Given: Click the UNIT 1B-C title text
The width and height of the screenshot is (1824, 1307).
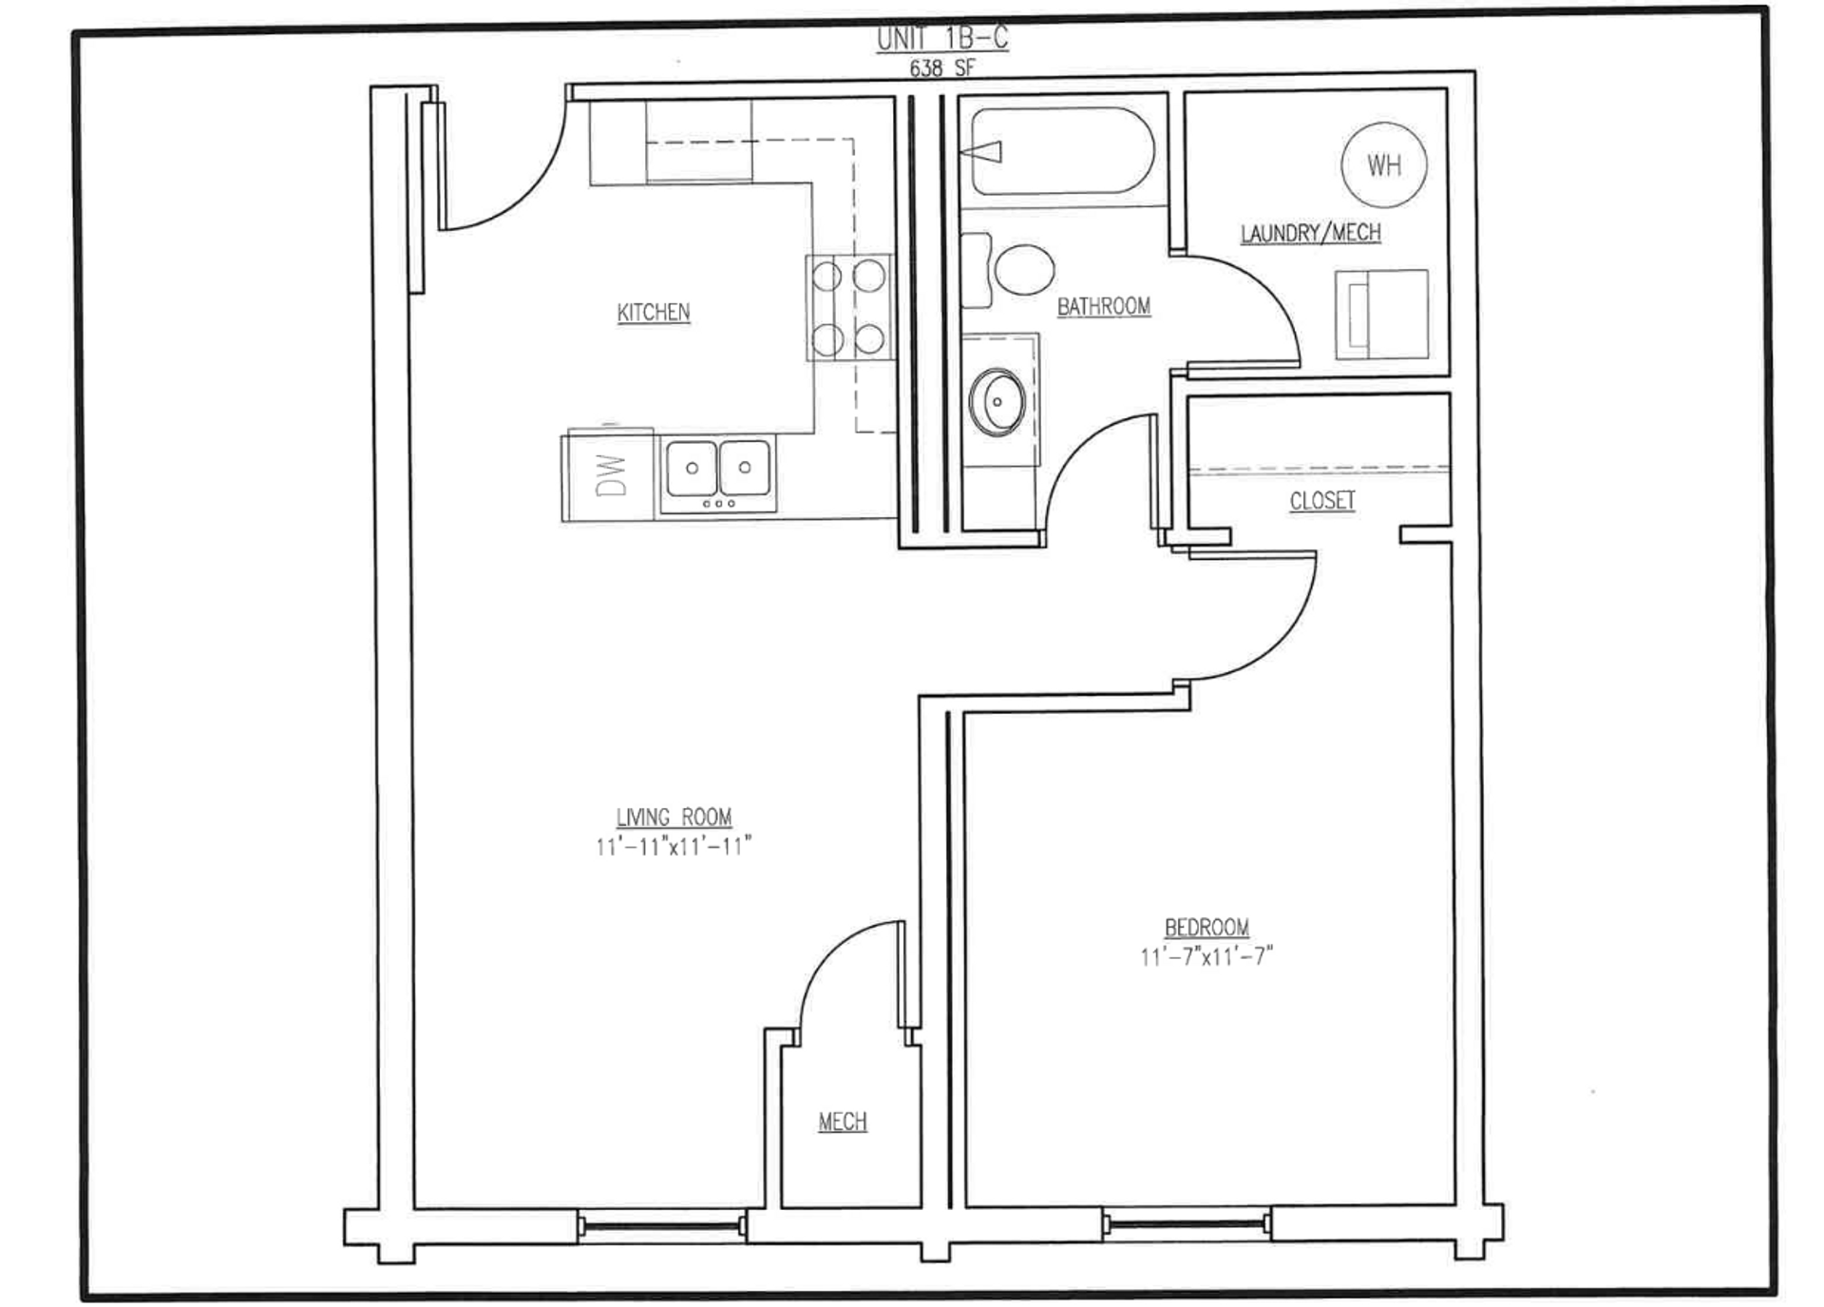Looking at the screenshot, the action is [x=941, y=39].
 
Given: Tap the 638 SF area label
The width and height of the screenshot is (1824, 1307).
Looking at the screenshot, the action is [x=941, y=68].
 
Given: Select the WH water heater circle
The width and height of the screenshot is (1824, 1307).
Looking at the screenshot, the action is [x=1383, y=164].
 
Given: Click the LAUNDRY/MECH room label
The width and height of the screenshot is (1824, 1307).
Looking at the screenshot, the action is [x=1310, y=233].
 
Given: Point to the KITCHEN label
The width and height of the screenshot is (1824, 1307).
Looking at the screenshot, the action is [x=654, y=312].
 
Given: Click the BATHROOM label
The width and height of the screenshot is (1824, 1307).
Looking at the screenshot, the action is [x=1103, y=306].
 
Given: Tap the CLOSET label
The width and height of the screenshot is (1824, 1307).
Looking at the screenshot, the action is [x=1321, y=501].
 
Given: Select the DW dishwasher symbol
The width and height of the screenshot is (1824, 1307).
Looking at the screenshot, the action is [x=608, y=474].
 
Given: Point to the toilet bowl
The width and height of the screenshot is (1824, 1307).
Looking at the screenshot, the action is [x=1024, y=269].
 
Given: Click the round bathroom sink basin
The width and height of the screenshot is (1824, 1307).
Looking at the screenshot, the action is [x=997, y=402].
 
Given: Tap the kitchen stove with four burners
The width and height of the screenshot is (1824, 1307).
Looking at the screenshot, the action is [x=850, y=307].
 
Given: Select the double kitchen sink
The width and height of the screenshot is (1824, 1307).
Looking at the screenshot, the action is [x=718, y=473].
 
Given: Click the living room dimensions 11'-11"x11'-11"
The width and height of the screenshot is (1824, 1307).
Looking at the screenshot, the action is [x=674, y=846].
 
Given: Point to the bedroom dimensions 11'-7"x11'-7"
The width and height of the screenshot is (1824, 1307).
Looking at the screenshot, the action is [x=1206, y=956].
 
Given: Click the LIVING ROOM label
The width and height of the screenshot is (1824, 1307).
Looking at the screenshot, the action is [x=674, y=817].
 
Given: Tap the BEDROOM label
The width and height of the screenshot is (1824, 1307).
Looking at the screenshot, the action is [x=1206, y=927].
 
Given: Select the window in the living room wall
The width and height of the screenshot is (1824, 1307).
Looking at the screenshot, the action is [x=661, y=1226].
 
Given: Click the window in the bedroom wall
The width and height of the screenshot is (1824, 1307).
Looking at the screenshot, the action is [x=1187, y=1223].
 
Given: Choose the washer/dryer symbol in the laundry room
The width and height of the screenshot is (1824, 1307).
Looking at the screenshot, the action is [x=1381, y=315].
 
